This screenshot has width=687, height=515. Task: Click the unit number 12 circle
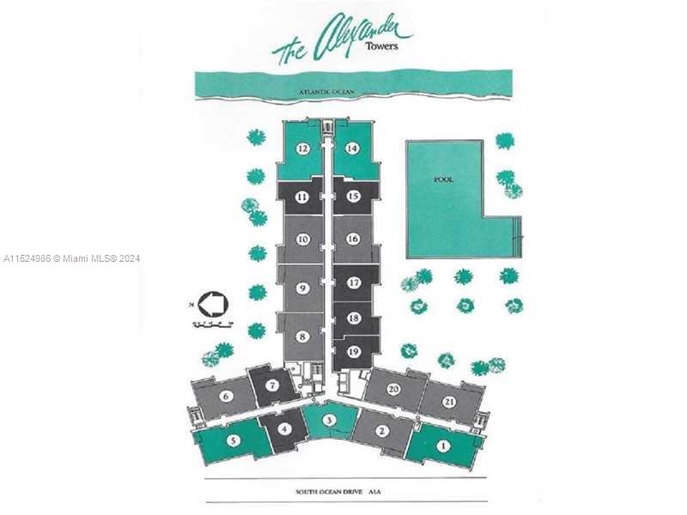[x=302, y=148]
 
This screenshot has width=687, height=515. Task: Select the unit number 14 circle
[x=352, y=148]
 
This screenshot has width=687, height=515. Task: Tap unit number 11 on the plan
[x=302, y=197]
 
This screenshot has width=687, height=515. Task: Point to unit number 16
[x=352, y=239]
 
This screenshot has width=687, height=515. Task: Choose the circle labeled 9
[x=302, y=288]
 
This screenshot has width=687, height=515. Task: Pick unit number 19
[x=352, y=350]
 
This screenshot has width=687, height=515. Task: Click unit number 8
[x=302, y=336]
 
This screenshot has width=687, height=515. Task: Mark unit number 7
[x=271, y=385]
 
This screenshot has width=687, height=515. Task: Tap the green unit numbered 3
[x=330, y=420]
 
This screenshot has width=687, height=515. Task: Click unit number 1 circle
[x=443, y=445]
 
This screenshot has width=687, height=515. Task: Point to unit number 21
[x=449, y=402]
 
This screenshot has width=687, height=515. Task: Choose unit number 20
[x=394, y=389]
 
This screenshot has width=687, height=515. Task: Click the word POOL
[x=444, y=179]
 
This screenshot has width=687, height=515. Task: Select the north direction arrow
[x=211, y=303]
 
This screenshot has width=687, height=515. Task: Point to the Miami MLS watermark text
[x=71, y=258]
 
